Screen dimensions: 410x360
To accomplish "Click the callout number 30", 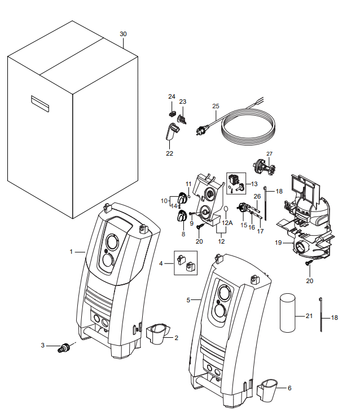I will pyautogui.click(x=124, y=34).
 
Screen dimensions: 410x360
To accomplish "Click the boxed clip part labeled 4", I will pyautogui.click(x=186, y=262).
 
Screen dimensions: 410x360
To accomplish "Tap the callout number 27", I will pyautogui.click(x=269, y=153).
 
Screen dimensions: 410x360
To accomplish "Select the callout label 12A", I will pyautogui.click(x=226, y=223).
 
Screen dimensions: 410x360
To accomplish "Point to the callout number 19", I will pyautogui.click(x=278, y=243).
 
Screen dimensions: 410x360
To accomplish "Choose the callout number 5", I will pyautogui.click(x=188, y=300).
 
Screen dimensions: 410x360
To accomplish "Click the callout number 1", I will pyautogui.click(x=72, y=252).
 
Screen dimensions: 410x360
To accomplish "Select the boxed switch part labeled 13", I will pyautogui.click(x=236, y=181).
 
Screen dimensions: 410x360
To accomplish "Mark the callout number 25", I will pyautogui.click(x=216, y=106).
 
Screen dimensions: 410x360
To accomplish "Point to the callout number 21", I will pyautogui.click(x=309, y=316).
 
